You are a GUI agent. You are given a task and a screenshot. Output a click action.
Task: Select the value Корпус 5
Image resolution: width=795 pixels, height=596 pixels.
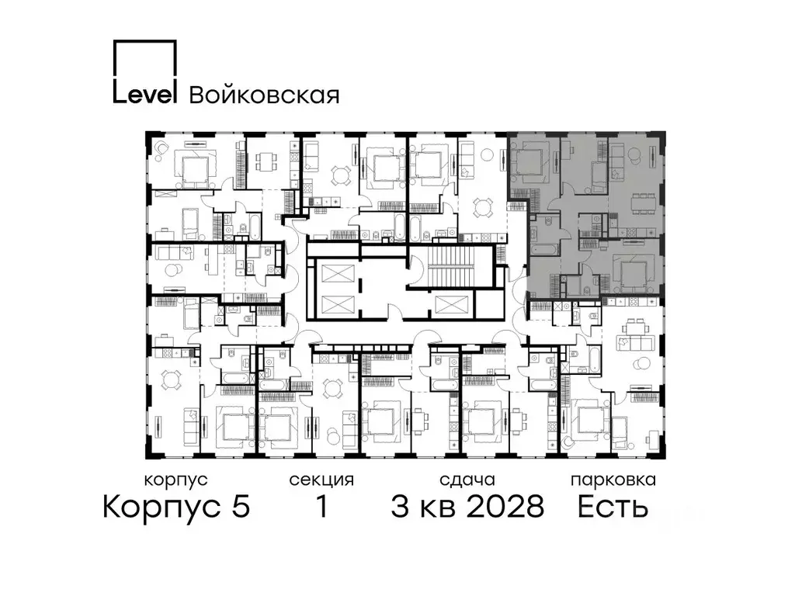coord(176,507)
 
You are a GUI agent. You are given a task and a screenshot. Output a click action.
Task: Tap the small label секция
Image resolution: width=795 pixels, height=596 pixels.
coord(321,480)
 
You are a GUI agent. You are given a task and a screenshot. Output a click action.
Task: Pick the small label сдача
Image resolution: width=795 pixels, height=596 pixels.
coord(466,480)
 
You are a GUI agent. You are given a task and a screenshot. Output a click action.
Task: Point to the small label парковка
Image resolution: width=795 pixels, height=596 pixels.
coord(613,480)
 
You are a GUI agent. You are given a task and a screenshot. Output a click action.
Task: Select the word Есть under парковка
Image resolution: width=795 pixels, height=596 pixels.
coord(613,507)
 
